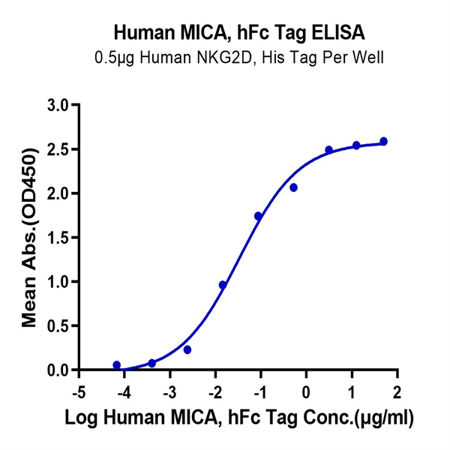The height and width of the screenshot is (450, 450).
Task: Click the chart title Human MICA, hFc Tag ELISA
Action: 225,33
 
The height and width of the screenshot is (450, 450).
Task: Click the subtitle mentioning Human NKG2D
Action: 225,58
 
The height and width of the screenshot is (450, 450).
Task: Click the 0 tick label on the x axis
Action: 307,393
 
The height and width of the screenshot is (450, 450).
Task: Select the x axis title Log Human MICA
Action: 238,418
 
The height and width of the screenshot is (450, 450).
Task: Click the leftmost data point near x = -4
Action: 116,365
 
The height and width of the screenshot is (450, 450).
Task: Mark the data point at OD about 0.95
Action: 223,285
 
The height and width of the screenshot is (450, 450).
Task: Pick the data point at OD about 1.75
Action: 259,216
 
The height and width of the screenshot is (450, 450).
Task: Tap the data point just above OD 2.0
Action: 294,187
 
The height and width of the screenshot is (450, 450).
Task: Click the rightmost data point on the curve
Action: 384,141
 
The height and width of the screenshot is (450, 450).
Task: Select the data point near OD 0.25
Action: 187,349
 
